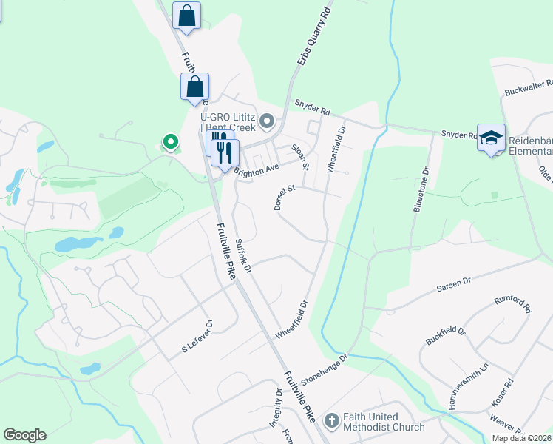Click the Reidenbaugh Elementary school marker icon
click(x=491, y=138)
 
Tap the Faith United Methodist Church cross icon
click(x=332, y=421)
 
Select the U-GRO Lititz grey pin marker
click(x=267, y=121)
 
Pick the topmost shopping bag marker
click(x=186, y=16)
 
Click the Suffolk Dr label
click(x=243, y=255)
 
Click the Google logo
click(x=24, y=435)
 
